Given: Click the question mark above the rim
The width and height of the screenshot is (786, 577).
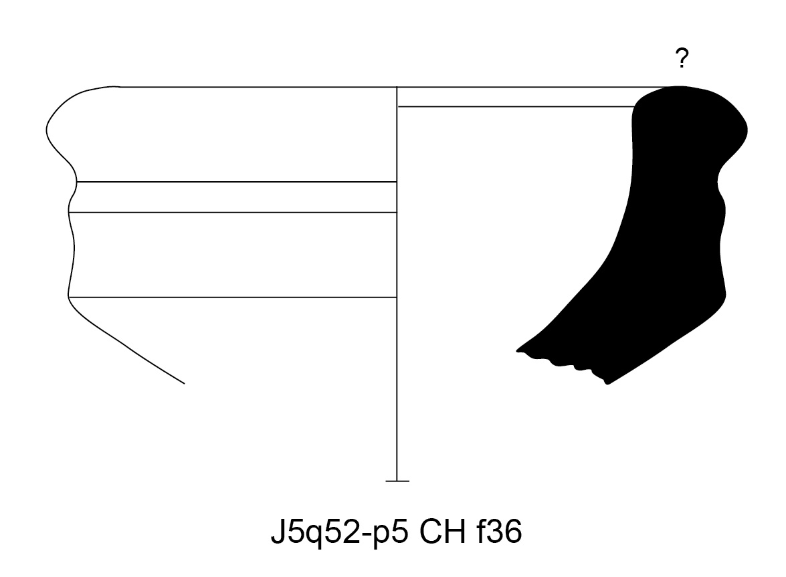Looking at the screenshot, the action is coord(682,58).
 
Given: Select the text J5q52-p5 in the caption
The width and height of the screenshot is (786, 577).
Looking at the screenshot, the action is coord(340,532).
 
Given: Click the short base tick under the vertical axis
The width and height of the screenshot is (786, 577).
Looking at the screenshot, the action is coord(397,481).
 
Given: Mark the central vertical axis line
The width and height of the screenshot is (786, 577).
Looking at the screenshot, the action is coord(397,284).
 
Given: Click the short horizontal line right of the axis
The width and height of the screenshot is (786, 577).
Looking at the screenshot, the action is coord(516,107).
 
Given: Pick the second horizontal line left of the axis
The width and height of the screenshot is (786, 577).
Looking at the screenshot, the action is coord(237,182).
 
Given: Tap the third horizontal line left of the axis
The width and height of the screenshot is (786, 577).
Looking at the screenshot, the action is coord(233,213).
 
